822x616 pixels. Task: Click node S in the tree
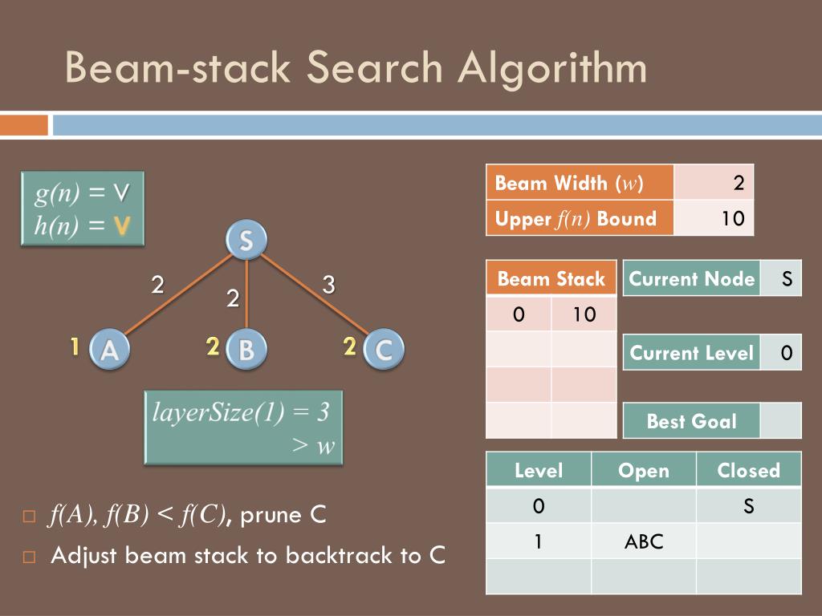(246, 240)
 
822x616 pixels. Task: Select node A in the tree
(109, 349)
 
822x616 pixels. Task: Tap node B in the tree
(246, 349)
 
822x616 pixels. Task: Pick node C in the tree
(383, 349)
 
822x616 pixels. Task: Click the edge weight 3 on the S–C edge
(328, 284)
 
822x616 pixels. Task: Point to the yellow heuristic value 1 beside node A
(74, 346)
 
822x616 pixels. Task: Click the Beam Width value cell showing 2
(714, 183)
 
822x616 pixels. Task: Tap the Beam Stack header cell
(551, 278)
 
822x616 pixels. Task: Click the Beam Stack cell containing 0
(519, 314)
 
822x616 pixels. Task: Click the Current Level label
(691, 353)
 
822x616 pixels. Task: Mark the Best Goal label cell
(691, 421)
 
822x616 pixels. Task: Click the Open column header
(643, 470)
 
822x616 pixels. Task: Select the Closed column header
(748, 470)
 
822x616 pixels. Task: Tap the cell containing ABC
(643, 541)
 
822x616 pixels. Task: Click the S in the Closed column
(748, 506)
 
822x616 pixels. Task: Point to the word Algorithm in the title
(553, 67)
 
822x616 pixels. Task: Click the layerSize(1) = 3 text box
(243, 428)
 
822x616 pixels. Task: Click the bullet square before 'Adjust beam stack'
(30, 556)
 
